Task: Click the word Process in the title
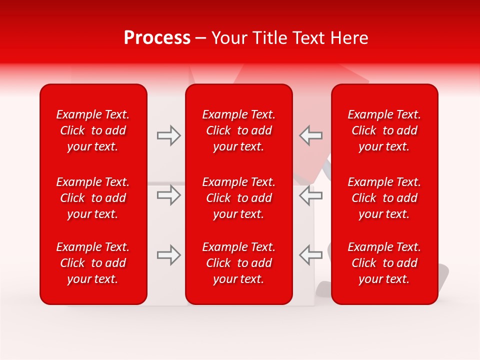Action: pos(157,38)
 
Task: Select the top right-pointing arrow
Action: pos(169,135)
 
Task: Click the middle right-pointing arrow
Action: pos(169,195)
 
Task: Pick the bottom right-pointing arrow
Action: pos(169,255)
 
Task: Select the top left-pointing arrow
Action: pos(310,135)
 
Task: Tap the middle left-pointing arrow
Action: pos(310,195)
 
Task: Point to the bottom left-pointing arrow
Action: pos(310,255)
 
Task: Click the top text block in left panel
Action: pos(93,130)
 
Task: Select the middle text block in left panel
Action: pos(93,198)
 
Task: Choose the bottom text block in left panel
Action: pos(93,263)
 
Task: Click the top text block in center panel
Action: pos(238,130)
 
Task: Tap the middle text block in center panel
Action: pos(238,198)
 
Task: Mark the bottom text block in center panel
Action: pos(238,263)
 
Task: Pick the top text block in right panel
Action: pos(384,130)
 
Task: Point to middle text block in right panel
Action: pos(384,198)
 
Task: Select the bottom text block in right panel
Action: pos(384,263)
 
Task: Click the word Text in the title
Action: pos(305,38)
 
